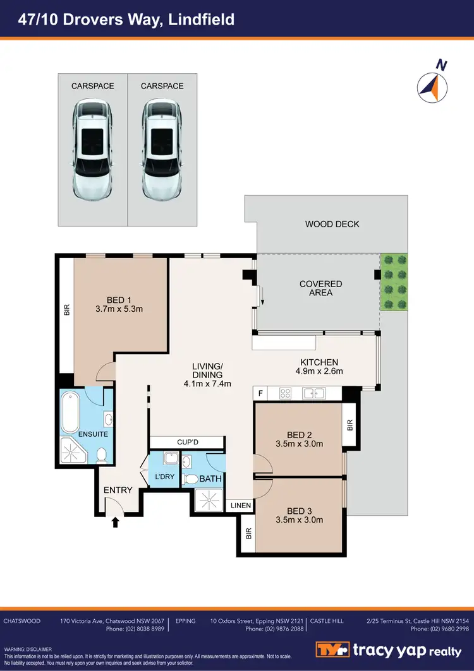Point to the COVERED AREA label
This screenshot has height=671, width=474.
coord(320,288)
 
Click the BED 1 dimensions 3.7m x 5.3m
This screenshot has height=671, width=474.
coord(120,309)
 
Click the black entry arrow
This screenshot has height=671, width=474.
coord(116,521)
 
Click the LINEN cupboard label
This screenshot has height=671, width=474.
coord(241,506)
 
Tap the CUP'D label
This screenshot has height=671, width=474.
coord(187,441)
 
